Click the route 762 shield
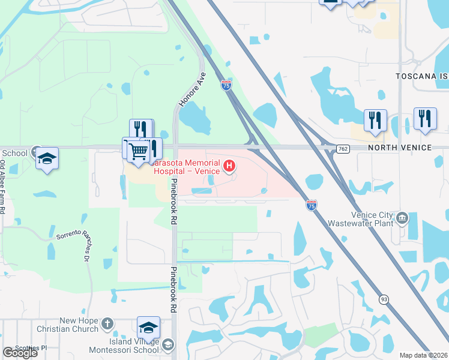click(x=343, y=149)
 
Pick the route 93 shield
click(x=382, y=299)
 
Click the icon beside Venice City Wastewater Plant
click(x=403, y=217)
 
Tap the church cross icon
click(x=107, y=325)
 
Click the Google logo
click(x=20, y=352)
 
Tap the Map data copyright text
click(x=423, y=355)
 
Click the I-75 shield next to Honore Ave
click(x=226, y=86)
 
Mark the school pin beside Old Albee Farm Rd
click(x=47, y=159)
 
